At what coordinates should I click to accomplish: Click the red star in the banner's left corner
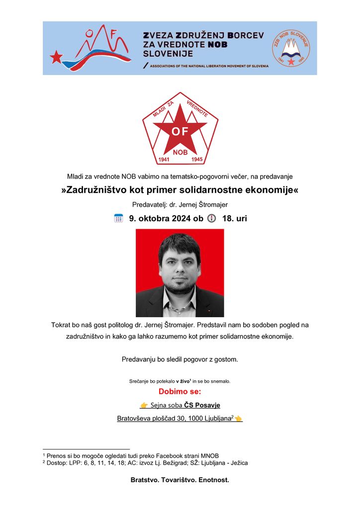[x=56, y=57]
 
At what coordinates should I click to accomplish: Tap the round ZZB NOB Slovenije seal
[x=290, y=48]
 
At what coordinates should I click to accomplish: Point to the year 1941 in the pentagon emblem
[x=164, y=160]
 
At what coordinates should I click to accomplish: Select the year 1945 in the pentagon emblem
[x=197, y=160]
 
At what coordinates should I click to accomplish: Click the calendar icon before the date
[x=118, y=218]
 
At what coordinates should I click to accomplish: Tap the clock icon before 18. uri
[x=211, y=218]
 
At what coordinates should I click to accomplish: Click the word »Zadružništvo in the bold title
[x=98, y=190]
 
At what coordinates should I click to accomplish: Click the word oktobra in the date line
[x=156, y=218]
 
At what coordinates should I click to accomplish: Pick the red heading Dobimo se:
[x=180, y=392]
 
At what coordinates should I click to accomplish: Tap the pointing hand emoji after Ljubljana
[x=238, y=419]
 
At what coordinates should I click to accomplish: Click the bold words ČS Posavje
[x=202, y=405]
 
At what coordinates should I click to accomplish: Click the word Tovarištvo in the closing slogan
[x=180, y=480]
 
